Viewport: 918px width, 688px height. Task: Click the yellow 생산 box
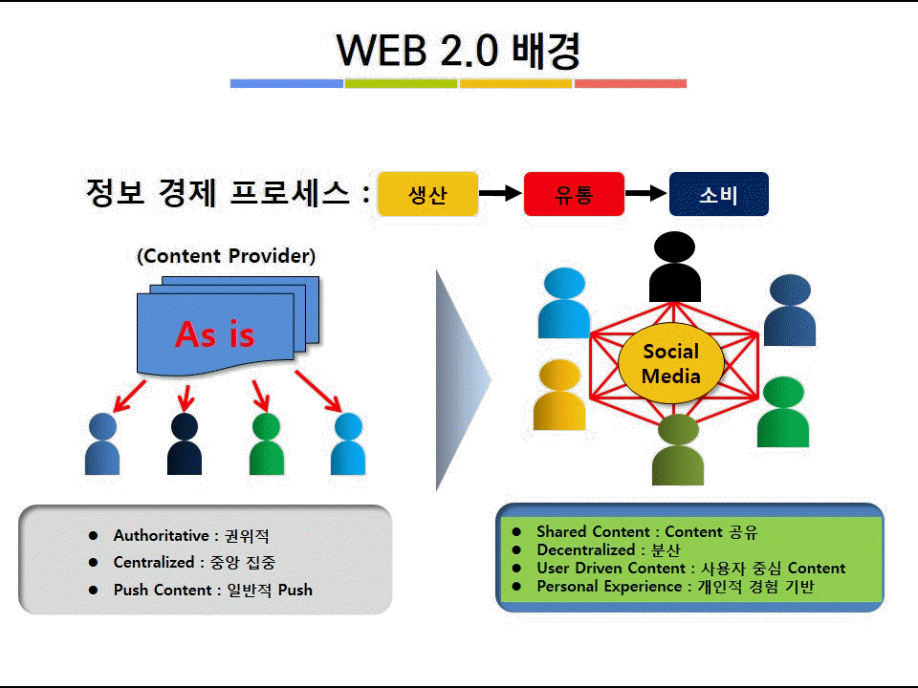(427, 195)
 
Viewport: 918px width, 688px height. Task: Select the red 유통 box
(574, 195)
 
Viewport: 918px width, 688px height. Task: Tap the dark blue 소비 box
(718, 195)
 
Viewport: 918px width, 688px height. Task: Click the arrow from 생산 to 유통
(500, 195)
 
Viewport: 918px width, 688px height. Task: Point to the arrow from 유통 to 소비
(645, 195)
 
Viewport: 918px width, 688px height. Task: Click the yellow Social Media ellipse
(670, 364)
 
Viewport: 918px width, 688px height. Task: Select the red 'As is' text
(214, 333)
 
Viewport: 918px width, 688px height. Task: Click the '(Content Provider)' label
(226, 256)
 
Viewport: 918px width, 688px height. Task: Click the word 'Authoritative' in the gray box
(161, 536)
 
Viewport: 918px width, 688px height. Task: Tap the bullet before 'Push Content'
(93, 590)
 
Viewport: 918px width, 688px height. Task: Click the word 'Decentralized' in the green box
(586, 550)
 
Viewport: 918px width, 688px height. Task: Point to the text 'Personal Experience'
(608, 587)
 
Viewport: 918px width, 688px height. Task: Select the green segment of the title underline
(401, 84)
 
